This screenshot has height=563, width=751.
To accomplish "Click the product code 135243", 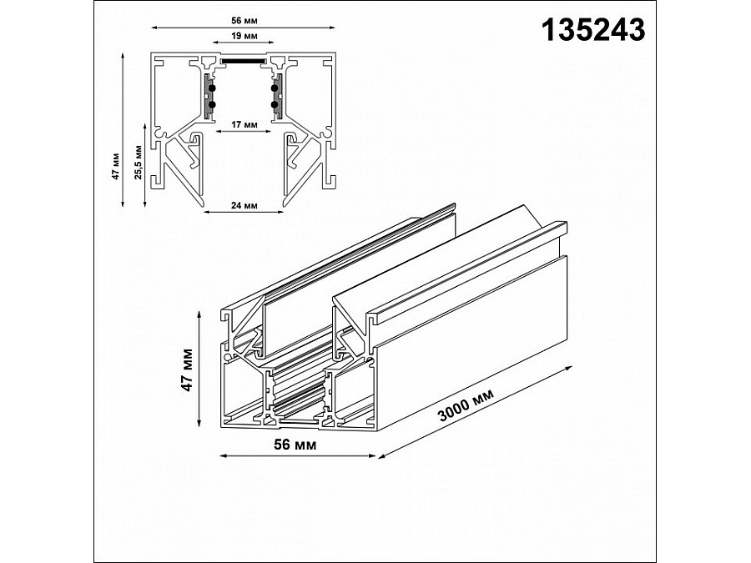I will [x=593, y=30].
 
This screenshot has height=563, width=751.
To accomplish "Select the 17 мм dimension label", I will [x=244, y=123].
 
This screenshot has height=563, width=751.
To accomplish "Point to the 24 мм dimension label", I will [x=244, y=204].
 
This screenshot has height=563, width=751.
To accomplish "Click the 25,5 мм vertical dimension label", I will [x=138, y=163].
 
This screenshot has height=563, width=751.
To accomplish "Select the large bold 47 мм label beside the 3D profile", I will [x=188, y=369].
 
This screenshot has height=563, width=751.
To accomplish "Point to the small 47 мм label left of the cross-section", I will [x=114, y=164].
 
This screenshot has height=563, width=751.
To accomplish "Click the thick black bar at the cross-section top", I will [x=244, y=60].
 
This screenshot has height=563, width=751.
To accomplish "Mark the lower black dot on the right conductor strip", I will [x=274, y=104].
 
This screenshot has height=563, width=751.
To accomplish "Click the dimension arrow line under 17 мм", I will [x=244, y=132].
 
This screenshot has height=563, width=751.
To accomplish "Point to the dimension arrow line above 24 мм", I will [x=244, y=213].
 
